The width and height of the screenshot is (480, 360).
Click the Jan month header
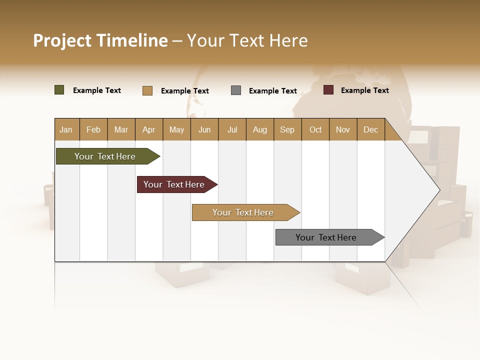(66, 129)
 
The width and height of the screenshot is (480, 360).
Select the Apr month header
(148, 129)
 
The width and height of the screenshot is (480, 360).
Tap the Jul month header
(232, 129)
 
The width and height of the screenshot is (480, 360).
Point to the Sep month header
(287, 129)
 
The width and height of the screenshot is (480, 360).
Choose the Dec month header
(370, 129)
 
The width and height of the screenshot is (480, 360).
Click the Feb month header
(93, 129)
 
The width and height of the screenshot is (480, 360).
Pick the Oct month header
(315, 129)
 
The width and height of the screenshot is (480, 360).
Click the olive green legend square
(59, 90)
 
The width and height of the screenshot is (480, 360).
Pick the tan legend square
(147, 90)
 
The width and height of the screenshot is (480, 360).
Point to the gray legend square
(236, 90)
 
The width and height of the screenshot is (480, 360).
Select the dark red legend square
(328, 90)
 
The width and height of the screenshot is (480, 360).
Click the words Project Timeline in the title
(100, 40)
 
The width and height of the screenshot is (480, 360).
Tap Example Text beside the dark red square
(364, 90)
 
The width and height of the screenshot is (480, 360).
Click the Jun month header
(204, 129)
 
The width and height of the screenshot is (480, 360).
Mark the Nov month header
(343, 129)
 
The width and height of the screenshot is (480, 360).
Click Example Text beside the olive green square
(97, 90)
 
